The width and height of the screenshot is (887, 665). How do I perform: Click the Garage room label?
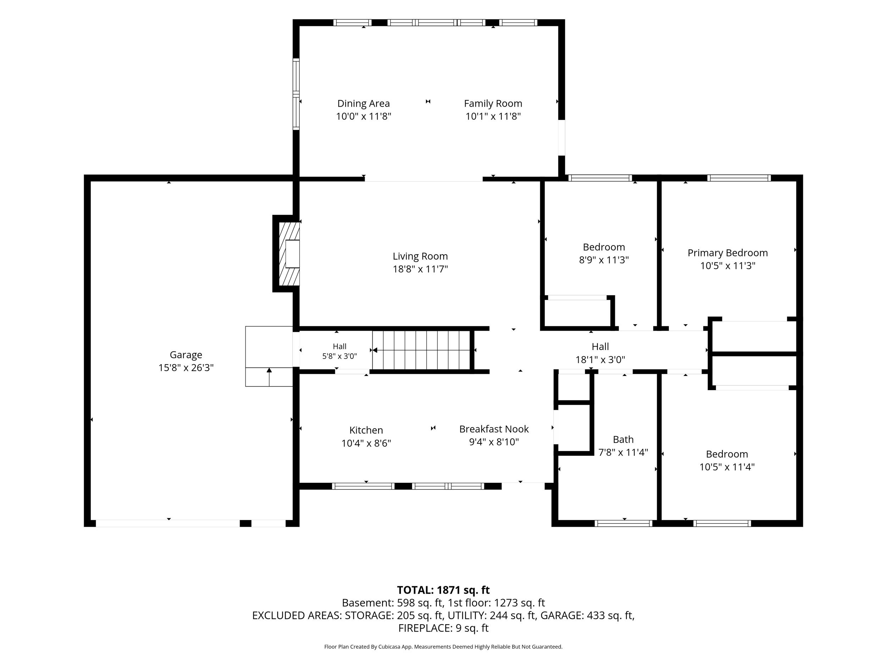click(186, 355)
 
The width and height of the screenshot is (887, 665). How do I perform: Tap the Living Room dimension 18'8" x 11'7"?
click(420, 269)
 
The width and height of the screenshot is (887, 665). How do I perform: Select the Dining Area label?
click(363, 104)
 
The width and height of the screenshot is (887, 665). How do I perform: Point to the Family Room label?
click(493, 104)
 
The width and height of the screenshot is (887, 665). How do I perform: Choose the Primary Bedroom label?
click(727, 253)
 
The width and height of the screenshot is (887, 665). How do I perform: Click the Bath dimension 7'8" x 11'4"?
click(623, 453)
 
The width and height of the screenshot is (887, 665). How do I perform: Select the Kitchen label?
click(366, 430)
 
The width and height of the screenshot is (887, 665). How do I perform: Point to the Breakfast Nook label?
click(494, 429)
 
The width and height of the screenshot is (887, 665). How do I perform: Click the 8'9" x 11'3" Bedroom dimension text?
click(604, 260)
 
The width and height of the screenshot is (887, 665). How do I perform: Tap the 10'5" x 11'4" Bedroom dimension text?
click(727, 467)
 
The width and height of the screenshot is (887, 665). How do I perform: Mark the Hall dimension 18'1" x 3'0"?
click(600, 360)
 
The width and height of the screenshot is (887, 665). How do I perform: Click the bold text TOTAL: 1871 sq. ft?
click(443, 590)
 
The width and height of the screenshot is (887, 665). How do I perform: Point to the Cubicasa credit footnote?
click(443, 647)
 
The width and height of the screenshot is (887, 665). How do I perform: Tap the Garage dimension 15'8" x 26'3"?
click(186, 367)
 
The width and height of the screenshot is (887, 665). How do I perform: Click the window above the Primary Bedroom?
click(739, 178)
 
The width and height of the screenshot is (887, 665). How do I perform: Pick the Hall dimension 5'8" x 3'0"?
click(340, 356)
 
